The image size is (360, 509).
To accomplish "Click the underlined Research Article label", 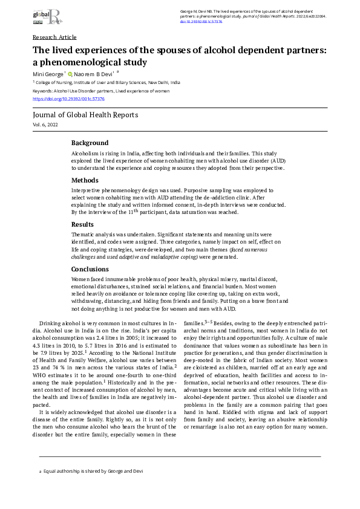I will coord(54,37).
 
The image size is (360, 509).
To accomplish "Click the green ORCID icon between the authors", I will coord(70,74).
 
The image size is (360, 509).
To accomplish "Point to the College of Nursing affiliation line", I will coord(106,82).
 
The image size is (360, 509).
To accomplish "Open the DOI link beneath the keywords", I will coord(68,98).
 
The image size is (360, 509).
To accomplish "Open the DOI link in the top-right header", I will coord(202,21).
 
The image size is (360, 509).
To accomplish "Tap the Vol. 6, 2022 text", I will coord(45,124).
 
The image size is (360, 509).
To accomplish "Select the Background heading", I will coord(90,143).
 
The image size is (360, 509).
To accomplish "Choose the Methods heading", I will coord(85,180).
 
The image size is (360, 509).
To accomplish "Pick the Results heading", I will coord(83,224).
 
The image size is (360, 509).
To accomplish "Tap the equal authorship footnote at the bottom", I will coord(91,471).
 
